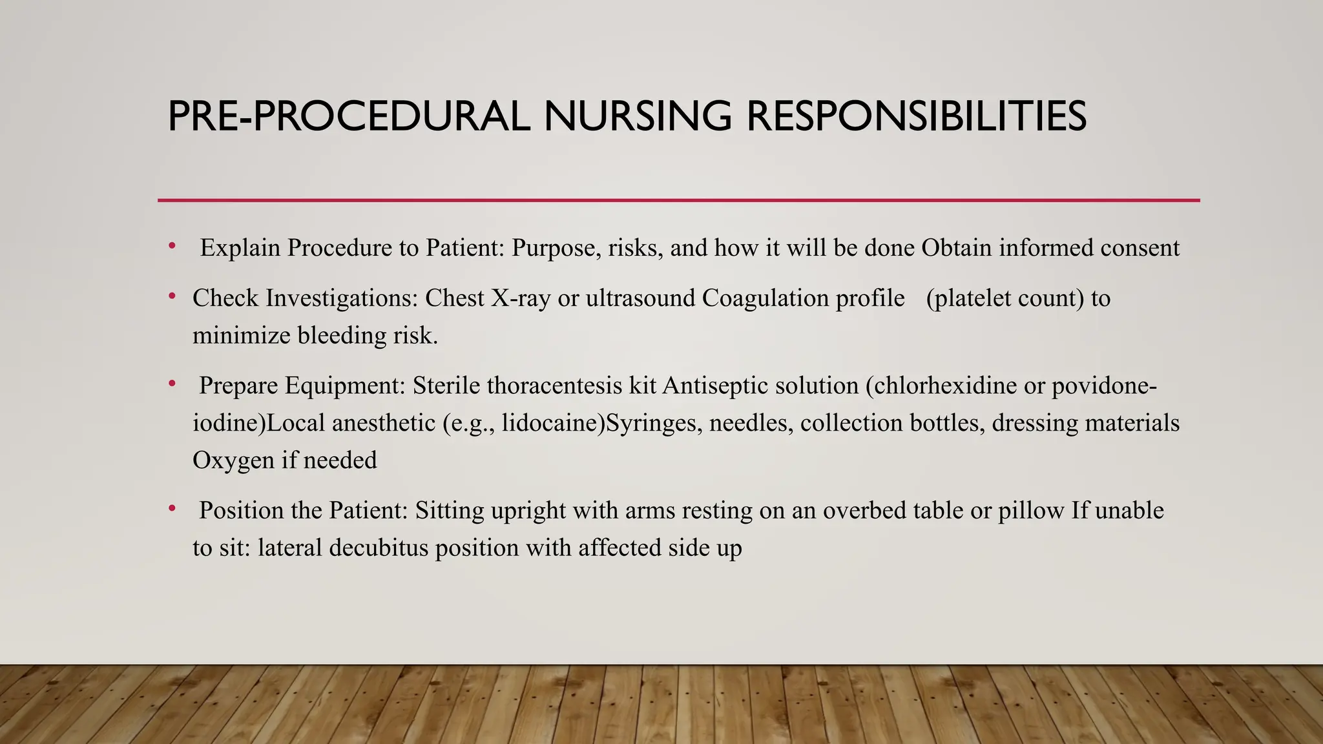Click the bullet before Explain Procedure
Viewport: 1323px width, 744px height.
(172, 245)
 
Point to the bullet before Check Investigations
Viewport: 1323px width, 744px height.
(172, 296)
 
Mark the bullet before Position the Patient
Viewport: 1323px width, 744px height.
(172, 508)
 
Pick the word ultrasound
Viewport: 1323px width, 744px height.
(640, 298)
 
